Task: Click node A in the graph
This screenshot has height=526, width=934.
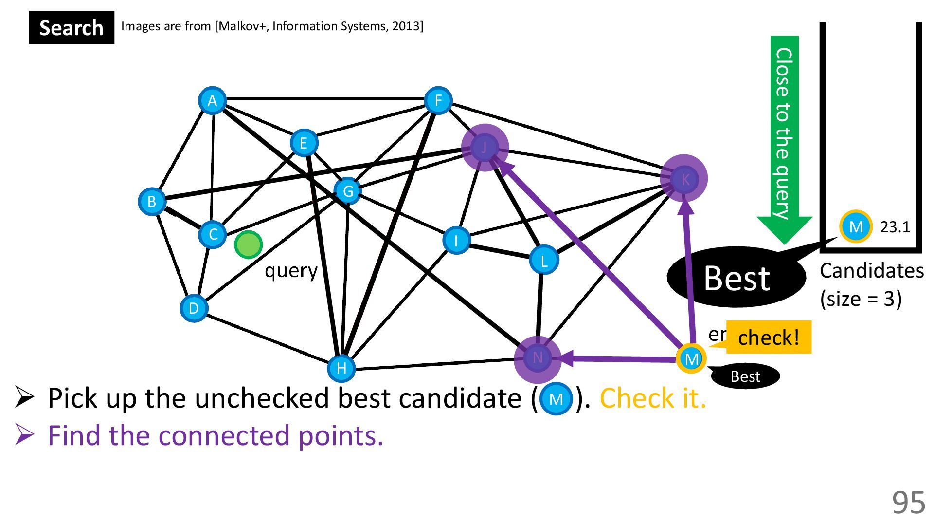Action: (212, 101)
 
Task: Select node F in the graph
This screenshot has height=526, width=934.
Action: (438, 101)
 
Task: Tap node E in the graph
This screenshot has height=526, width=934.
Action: (304, 143)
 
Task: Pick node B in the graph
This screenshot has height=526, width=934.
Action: (152, 201)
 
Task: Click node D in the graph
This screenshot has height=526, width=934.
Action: (194, 308)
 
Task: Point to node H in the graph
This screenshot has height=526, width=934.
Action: (341, 368)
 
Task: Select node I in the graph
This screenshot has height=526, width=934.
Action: (456, 241)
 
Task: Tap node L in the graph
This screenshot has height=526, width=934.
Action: (544, 261)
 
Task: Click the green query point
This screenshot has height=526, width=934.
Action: (248, 244)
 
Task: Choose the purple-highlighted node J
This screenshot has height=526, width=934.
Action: (485, 148)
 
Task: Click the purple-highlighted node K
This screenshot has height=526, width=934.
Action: (684, 179)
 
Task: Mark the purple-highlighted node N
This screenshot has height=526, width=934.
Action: (538, 358)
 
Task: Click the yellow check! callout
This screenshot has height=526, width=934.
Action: (768, 337)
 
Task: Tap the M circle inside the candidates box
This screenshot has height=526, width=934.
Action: (856, 226)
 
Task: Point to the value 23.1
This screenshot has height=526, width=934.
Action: (895, 227)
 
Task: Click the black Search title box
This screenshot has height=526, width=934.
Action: (72, 28)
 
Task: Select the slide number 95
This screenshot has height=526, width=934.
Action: (908, 503)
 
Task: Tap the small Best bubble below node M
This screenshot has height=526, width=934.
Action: (745, 376)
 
